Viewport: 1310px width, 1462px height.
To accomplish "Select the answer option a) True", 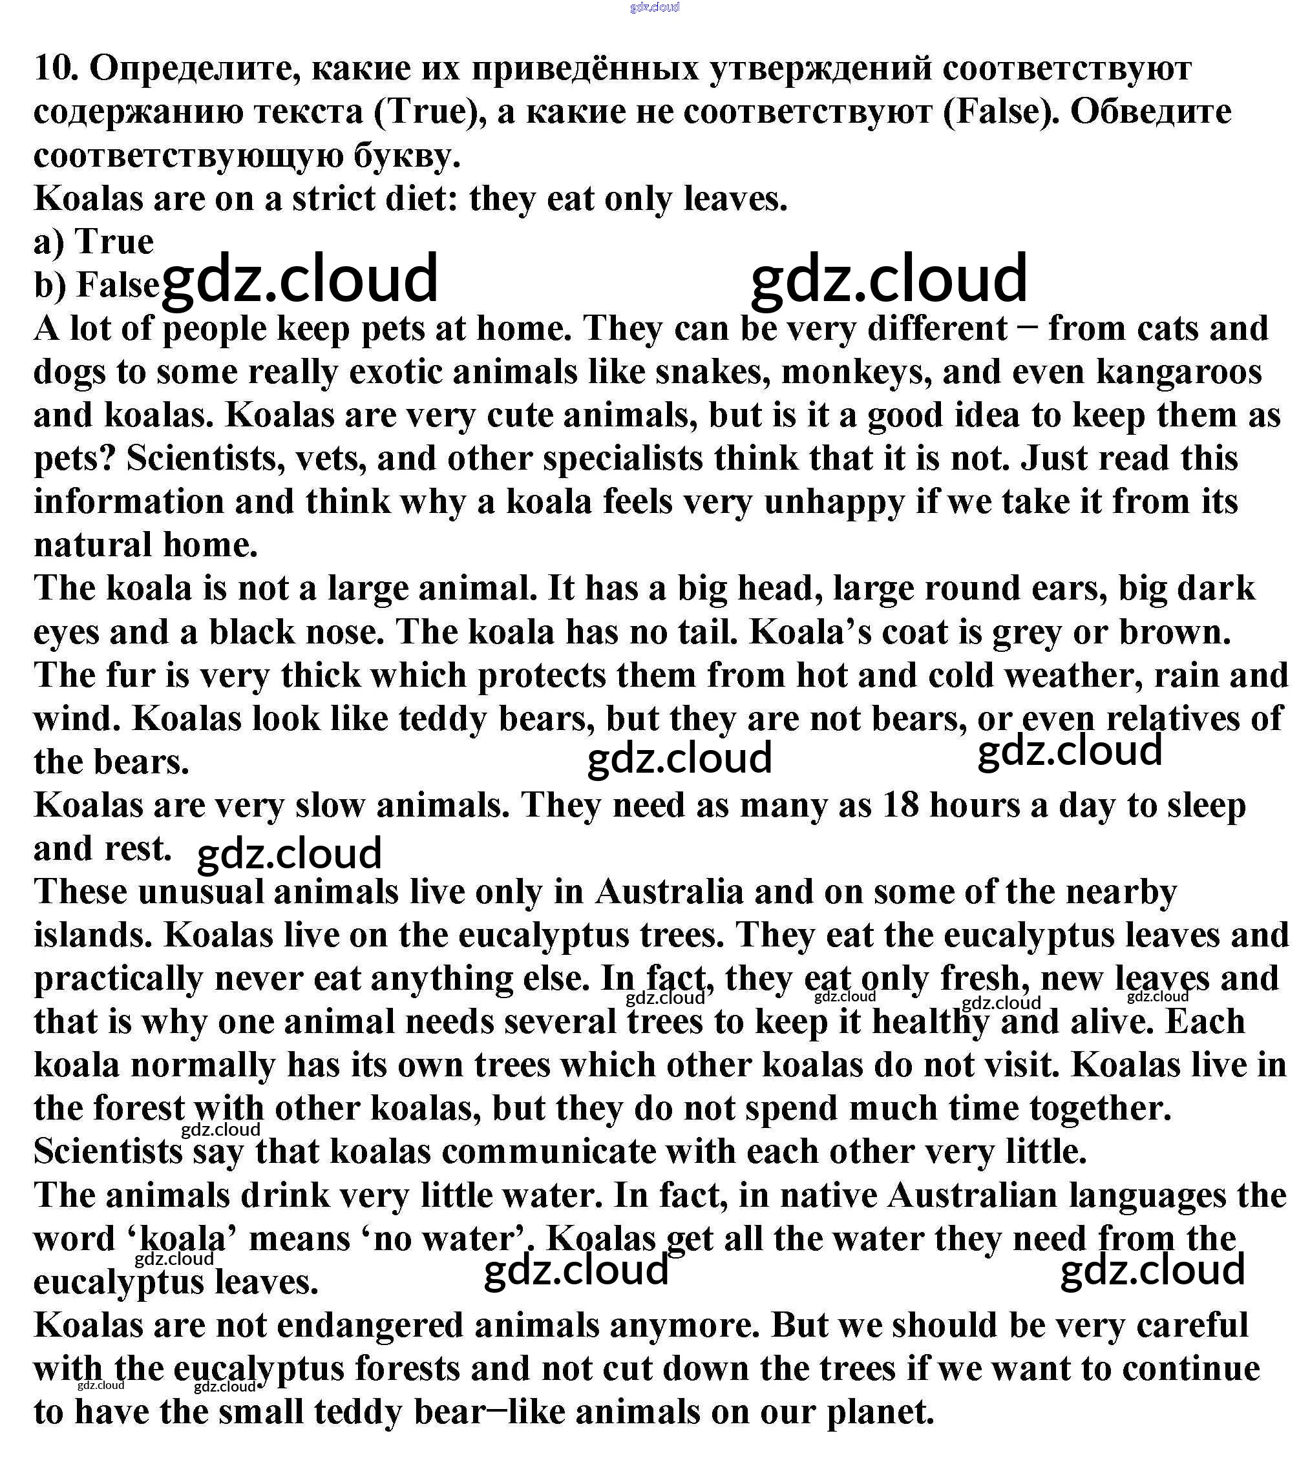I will tap(94, 241).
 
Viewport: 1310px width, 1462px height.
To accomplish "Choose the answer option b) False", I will tap(96, 284).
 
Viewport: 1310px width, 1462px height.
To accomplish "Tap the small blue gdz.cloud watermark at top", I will tap(653, 7).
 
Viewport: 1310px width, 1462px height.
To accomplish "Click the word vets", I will tap(330, 458).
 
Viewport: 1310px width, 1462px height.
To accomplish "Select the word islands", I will tap(93, 935).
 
